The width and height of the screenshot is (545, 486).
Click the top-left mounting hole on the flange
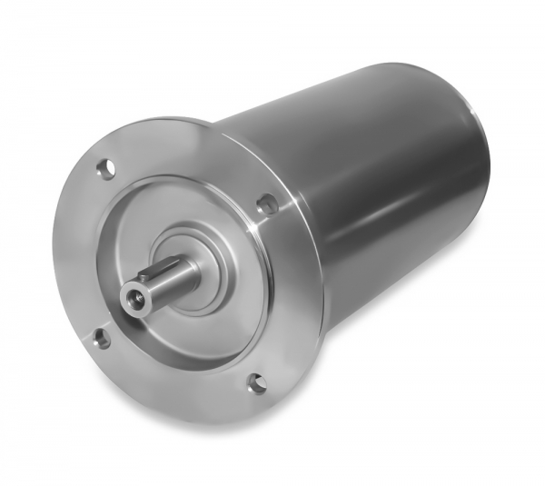(106, 168)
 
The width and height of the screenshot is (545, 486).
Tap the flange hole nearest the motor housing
(267, 204)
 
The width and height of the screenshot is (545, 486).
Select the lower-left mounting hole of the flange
(101, 339)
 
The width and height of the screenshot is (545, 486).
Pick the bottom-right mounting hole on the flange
(257, 383)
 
